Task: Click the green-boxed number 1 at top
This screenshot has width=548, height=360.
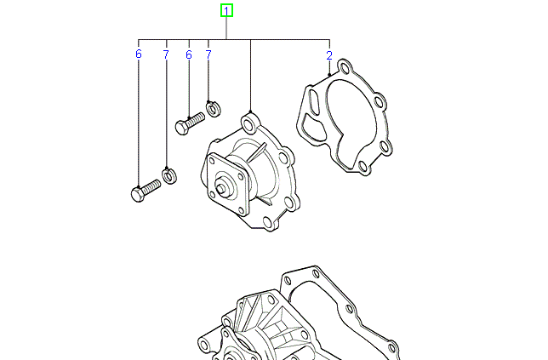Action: click(x=226, y=11)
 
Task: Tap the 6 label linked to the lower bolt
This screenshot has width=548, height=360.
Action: click(x=138, y=54)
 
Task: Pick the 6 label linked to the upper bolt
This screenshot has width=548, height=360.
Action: click(x=188, y=54)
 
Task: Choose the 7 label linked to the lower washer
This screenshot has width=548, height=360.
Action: click(x=166, y=54)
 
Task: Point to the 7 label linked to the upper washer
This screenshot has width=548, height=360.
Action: click(x=208, y=54)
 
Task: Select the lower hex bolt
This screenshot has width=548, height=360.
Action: click(x=146, y=189)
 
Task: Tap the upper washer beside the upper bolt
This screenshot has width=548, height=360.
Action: click(x=214, y=108)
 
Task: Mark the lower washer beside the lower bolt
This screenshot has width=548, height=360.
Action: click(x=169, y=176)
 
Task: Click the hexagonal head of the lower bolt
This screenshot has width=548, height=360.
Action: click(x=139, y=193)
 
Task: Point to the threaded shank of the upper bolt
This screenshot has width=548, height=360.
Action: click(x=197, y=120)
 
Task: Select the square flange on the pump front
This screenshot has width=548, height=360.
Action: click(x=227, y=183)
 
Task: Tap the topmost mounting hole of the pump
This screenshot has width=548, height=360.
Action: click(x=248, y=117)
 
